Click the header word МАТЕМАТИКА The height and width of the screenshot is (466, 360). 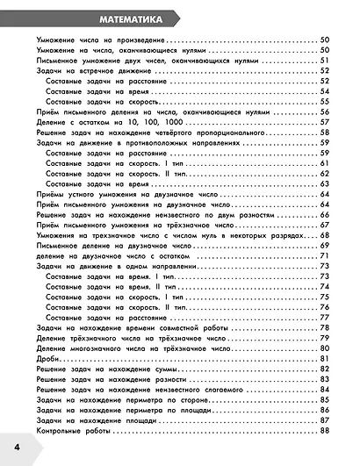[111, 18]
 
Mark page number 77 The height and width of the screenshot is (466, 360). [323, 318]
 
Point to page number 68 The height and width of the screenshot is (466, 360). [323, 236]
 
